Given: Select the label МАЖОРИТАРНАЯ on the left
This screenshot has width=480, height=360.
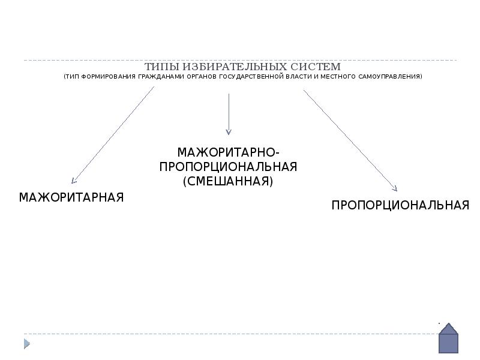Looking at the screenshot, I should (71, 197).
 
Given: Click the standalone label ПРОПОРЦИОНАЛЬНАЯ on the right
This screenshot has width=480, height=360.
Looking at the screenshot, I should (400, 205).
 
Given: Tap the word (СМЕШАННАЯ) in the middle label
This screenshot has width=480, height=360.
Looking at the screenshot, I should (228, 181).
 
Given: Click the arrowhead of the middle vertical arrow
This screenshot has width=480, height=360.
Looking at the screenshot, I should (229, 131).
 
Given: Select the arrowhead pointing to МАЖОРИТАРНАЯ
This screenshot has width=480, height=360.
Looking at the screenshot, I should (73, 180).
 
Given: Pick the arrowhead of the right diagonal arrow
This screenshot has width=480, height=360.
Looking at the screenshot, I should (394, 188).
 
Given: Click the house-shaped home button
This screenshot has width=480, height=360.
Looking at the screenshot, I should (448, 338).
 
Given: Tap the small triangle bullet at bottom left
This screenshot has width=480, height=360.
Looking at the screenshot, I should (26, 344).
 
